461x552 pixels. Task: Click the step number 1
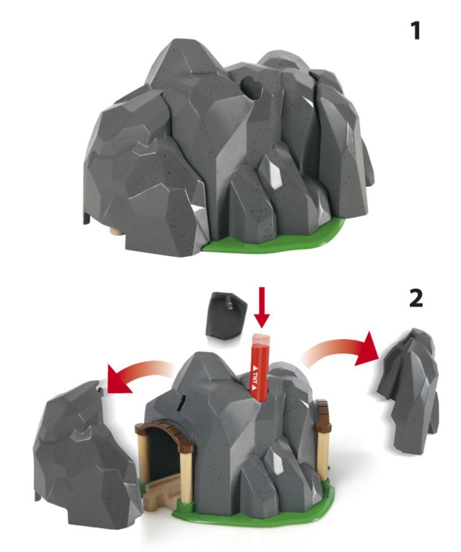(416, 30)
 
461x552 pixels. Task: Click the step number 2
(416, 299)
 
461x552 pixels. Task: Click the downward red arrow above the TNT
(261, 307)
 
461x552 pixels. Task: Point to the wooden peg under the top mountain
(116, 233)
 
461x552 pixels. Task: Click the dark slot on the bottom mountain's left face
(182, 402)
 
